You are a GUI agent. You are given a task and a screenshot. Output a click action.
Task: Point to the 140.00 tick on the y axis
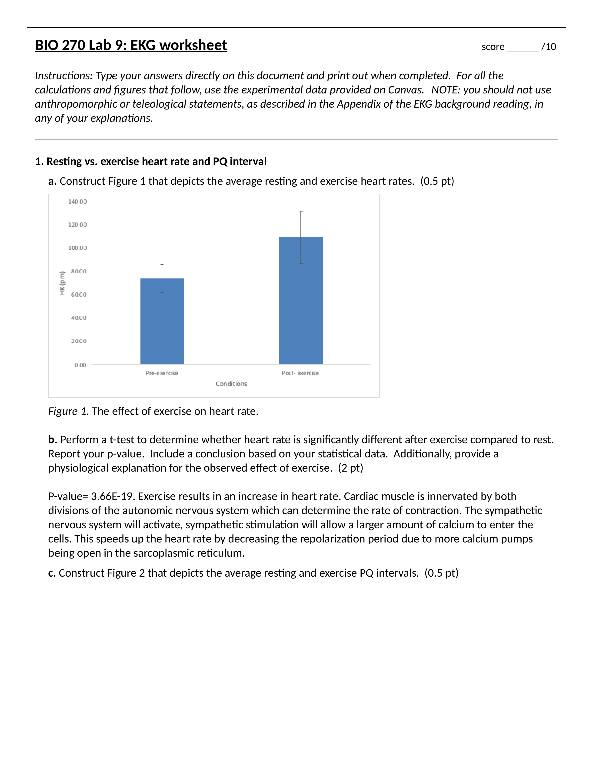point(77,202)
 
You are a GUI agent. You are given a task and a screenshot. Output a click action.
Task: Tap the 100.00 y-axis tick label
point(77,248)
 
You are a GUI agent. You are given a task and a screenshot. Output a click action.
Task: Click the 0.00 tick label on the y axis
point(80,365)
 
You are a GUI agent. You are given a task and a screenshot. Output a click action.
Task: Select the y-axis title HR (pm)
point(62,283)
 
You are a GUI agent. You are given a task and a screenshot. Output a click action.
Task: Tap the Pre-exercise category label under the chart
point(162,373)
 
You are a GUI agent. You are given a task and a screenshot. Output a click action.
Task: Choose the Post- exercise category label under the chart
point(300,373)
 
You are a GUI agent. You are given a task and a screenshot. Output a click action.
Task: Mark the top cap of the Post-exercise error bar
point(301,212)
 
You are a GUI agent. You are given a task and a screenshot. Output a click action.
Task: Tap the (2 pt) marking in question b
point(351,468)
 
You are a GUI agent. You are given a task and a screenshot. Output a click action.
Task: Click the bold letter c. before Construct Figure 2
point(52,573)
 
